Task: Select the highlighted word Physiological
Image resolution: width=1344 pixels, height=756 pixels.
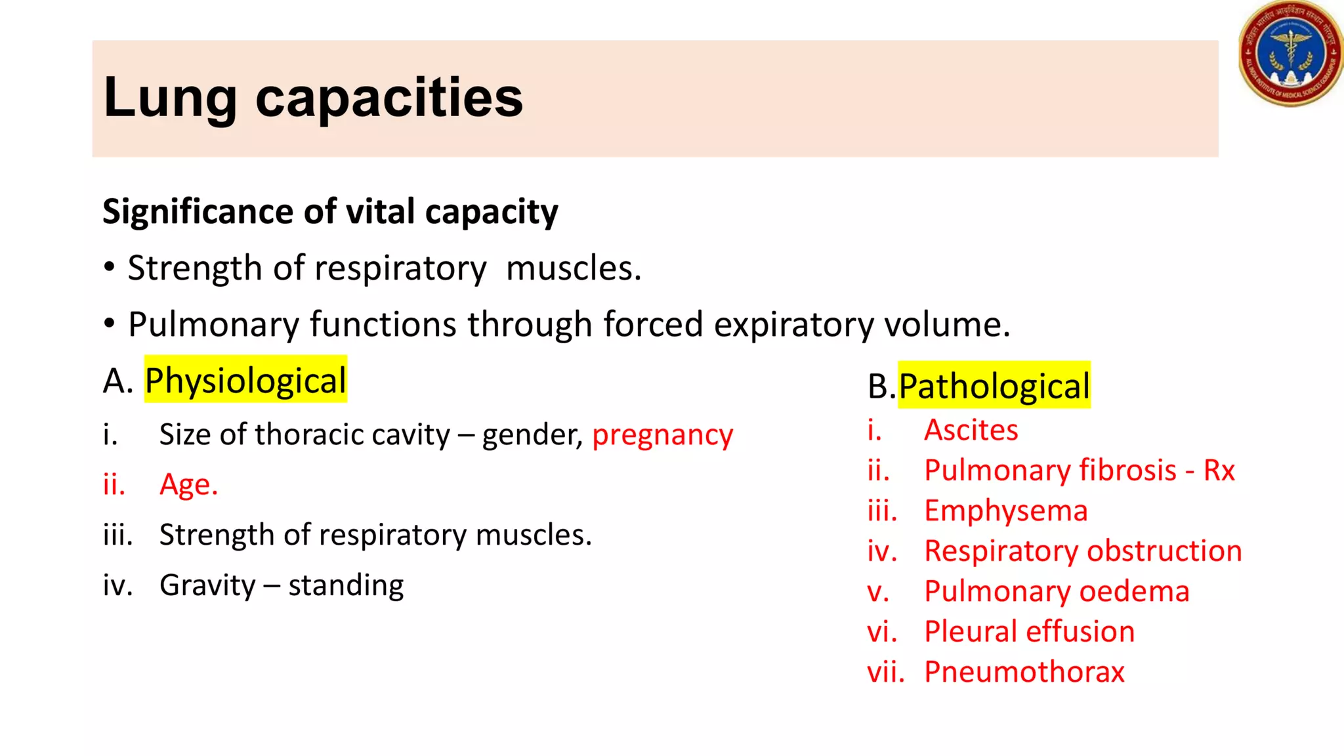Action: (x=245, y=381)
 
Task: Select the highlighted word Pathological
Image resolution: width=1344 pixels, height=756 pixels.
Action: (x=994, y=386)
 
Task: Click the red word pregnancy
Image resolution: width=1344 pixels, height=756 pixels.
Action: (x=662, y=435)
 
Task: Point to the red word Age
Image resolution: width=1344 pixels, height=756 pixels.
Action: (x=188, y=484)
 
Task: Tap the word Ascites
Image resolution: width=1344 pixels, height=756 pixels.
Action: (x=971, y=430)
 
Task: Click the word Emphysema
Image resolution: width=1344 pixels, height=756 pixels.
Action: (x=1005, y=511)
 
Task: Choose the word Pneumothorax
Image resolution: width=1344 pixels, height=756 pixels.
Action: (x=1024, y=671)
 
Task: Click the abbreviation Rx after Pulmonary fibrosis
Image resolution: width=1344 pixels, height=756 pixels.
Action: (x=1219, y=470)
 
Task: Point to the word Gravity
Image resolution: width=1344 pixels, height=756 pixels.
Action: (x=207, y=585)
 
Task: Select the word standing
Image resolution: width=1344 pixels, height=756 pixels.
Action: (x=346, y=585)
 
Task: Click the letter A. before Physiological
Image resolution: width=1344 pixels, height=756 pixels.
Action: (x=118, y=381)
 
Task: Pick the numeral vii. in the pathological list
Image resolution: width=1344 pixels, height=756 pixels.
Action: (x=885, y=671)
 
